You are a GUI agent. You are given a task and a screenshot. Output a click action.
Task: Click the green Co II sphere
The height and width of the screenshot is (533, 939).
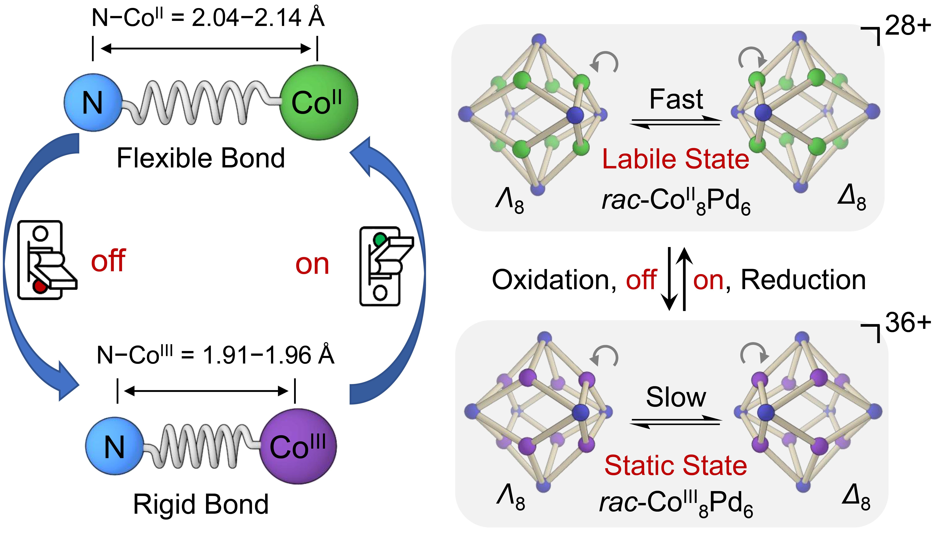(x=318, y=103)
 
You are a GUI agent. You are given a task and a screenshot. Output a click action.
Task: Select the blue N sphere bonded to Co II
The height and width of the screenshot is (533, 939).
(x=93, y=103)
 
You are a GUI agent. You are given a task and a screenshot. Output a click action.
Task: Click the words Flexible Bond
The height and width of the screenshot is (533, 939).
(x=201, y=158)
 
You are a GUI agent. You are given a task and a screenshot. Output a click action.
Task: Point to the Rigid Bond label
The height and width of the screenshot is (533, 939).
(x=201, y=504)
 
